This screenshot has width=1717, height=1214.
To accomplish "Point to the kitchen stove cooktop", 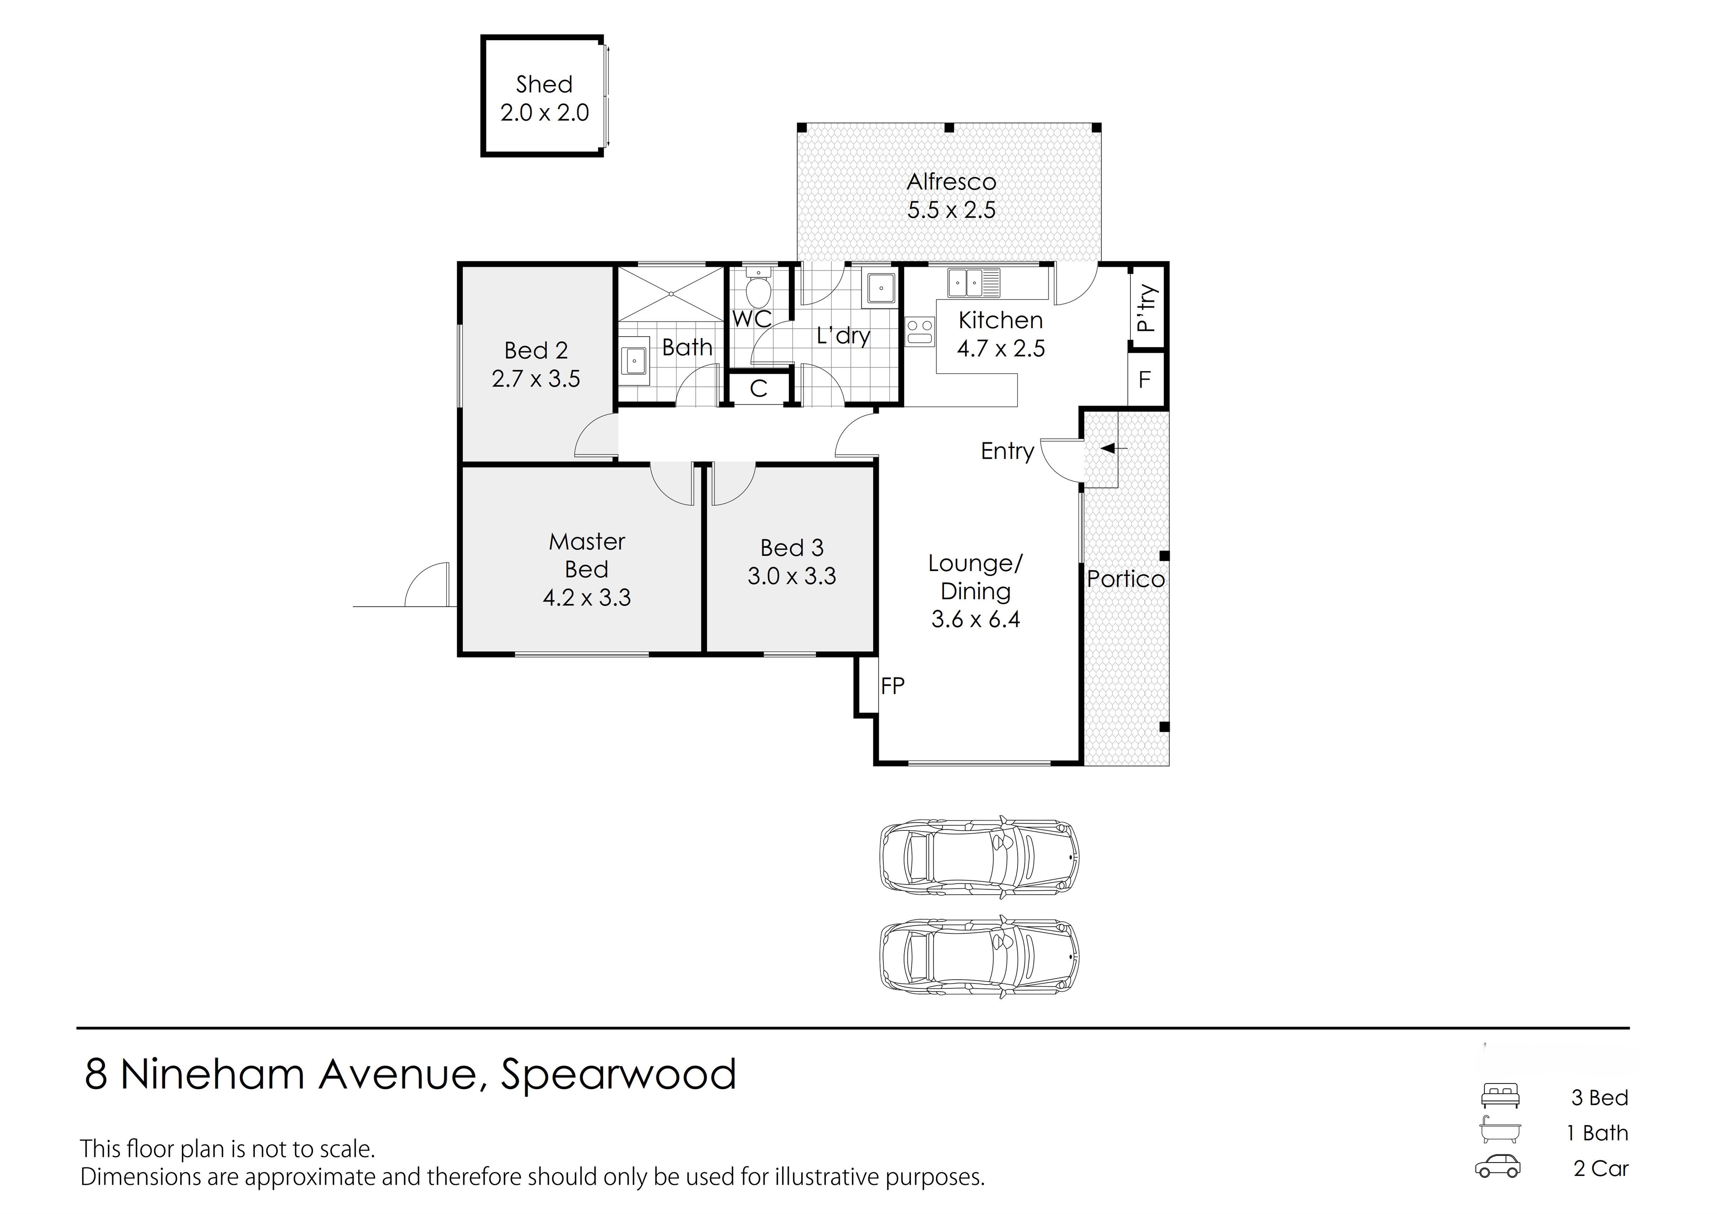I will click(920, 330).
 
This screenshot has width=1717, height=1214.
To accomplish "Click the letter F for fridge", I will click(1144, 380).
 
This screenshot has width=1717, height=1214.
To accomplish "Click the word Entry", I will click(1007, 451).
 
